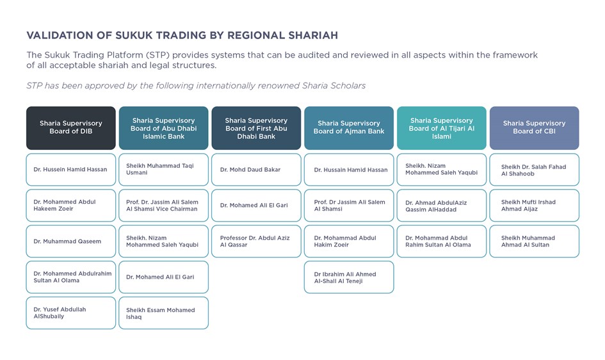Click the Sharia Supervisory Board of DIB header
pyautogui.click(x=71, y=128)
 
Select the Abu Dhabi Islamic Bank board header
pyautogui.click(x=164, y=128)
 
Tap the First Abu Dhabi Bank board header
pyautogui.click(x=256, y=128)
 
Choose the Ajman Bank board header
pyautogui.click(x=349, y=128)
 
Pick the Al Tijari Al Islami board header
pyautogui.click(x=441, y=128)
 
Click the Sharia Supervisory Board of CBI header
pyautogui.click(x=535, y=128)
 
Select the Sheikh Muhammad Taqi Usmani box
pyautogui.click(x=164, y=169)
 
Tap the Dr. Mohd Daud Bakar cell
pyautogui.click(x=256, y=169)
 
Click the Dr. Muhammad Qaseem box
pyautogui.click(x=71, y=241)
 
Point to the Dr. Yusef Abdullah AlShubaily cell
pyautogui.click(x=71, y=313)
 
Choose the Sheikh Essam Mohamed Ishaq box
pyautogui.click(x=164, y=313)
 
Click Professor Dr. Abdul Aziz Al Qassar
pyautogui.click(x=256, y=241)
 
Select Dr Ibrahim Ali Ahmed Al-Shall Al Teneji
pyautogui.click(x=349, y=277)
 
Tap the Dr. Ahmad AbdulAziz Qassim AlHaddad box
pyautogui.click(x=441, y=205)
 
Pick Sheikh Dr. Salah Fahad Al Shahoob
pyautogui.click(x=535, y=169)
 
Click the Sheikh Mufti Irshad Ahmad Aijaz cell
pyautogui.click(x=535, y=205)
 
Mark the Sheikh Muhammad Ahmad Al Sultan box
pyautogui.click(x=535, y=241)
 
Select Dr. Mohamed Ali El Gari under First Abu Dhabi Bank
pyautogui.click(x=256, y=205)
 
